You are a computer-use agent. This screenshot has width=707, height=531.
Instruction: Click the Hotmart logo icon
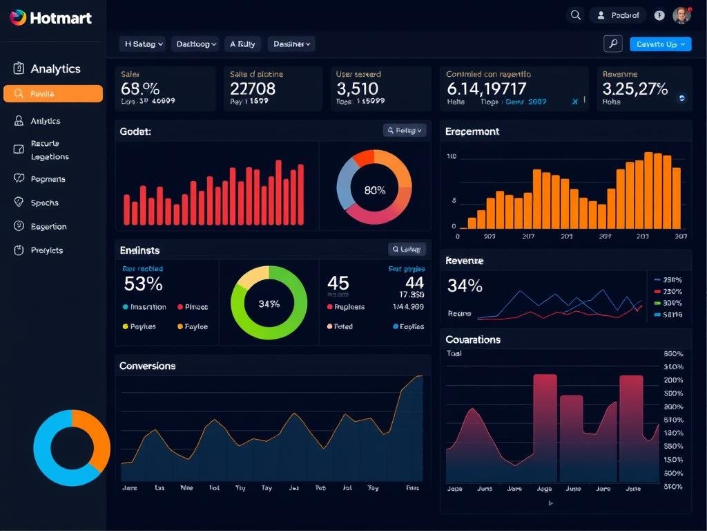pos(18,17)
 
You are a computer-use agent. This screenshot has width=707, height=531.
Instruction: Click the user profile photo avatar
pos(681,15)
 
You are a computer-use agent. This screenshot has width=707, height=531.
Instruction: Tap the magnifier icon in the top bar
pos(575,15)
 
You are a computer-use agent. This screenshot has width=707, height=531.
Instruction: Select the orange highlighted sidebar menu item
pos(53,94)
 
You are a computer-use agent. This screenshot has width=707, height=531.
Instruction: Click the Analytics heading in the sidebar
pos(55,68)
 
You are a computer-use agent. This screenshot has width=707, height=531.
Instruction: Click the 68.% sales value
pos(140,88)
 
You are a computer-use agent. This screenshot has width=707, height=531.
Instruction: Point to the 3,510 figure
pos(357,88)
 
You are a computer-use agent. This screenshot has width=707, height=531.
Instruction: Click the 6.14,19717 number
pos(486,88)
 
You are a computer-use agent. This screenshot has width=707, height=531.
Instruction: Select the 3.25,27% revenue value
pos(635,88)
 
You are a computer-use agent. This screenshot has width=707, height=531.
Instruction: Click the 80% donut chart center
pos(374,190)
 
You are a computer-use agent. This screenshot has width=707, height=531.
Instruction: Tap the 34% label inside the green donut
pos(269,304)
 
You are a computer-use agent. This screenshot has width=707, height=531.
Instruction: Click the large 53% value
pos(143,283)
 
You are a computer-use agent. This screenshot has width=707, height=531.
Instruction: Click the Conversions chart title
pos(147,366)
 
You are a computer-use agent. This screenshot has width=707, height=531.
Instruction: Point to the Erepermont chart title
pos(472,131)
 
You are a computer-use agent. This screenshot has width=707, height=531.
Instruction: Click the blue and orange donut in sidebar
pos(72,448)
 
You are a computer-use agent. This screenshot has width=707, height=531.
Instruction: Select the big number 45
pos(338,283)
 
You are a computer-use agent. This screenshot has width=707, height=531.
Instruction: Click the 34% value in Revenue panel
pos(465,286)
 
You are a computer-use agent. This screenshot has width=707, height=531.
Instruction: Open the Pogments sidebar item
pos(48,179)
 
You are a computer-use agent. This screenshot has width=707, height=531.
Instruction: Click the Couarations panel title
pos(473,339)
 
